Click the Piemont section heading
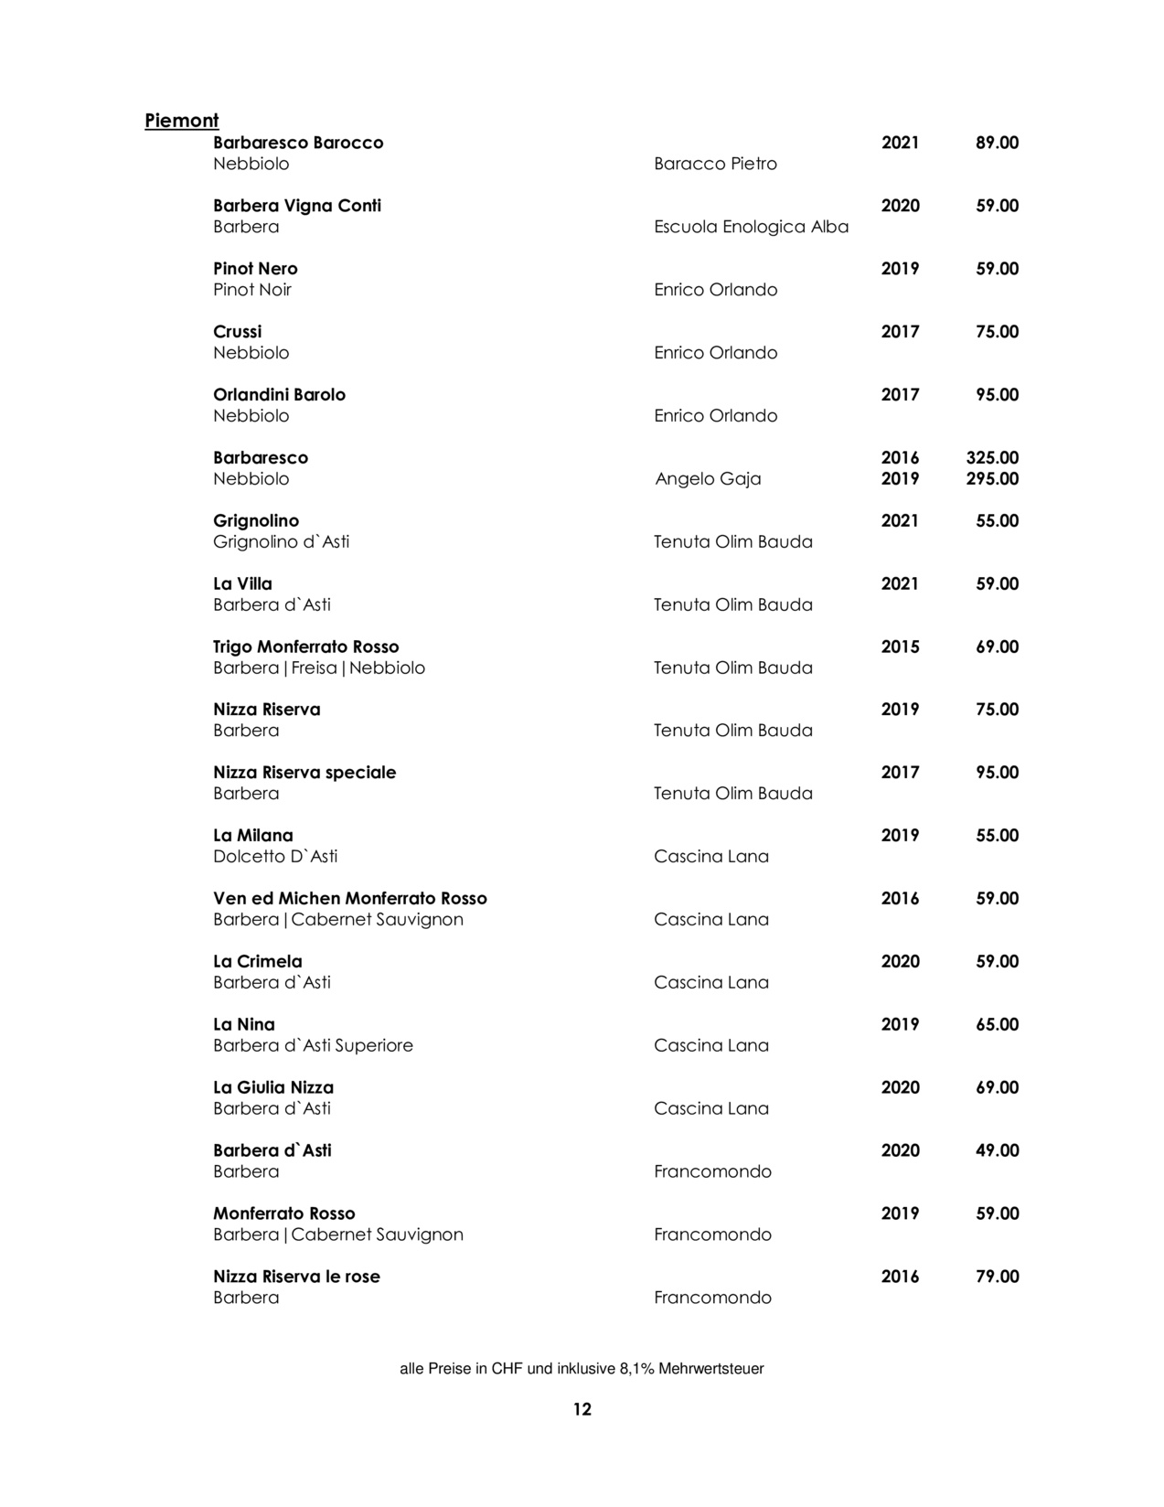point(182,121)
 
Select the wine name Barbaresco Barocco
point(298,143)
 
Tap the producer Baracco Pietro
point(715,164)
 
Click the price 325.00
point(992,457)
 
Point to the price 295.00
point(992,478)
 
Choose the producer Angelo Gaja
point(708,478)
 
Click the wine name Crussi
point(237,331)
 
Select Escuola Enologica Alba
point(751,227)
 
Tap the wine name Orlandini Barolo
point(279,394)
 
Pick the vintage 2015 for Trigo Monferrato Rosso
point(900,647)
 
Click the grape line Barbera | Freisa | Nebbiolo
point(319,668)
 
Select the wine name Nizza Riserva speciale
point(304,772)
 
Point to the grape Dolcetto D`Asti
point(275,856)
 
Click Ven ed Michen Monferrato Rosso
point(350,898)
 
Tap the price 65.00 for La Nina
point(997,1024)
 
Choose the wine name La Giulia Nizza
point(273,1087)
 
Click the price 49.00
point(997,1150)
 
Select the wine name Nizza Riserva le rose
point(296,1277)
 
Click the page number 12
point(582,1409)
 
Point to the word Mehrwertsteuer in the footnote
point(710,1369)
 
